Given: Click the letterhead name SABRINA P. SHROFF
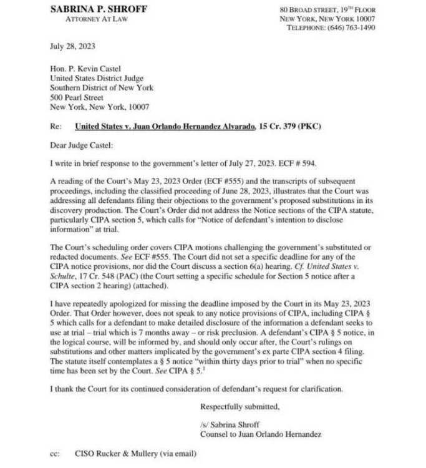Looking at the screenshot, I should pyautogui.click(x=99, y=9).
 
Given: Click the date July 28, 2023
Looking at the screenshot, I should pyautogui.click(x=73, y=46).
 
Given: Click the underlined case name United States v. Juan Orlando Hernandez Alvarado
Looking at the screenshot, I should pyautogui.click(x=165, y=127).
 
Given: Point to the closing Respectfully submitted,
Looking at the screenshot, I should pyautogui.click(x=240, y=408).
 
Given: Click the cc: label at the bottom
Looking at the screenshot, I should pyautogui.click(x=54, y=454).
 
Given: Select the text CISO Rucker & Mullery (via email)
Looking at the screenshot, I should pyautogui.click(x=135, y=454).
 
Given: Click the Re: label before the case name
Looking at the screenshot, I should pyautogui.click(x=56, y=127).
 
